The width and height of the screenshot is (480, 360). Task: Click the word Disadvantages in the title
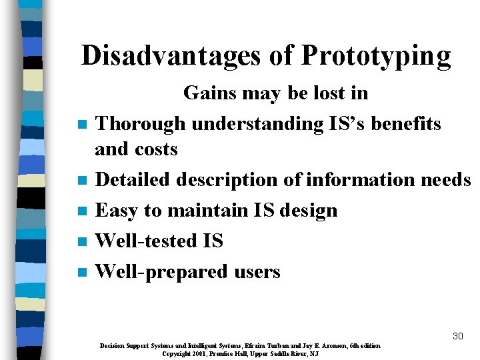coord(171,56)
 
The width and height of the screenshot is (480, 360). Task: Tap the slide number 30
coord(457,336)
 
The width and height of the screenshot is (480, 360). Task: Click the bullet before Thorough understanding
coord(81,125)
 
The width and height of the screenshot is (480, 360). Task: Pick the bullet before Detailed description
coord(81,181)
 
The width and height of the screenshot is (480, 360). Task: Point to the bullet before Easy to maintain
coord(81,211)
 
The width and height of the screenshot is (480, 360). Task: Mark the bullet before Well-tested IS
coord(81,242)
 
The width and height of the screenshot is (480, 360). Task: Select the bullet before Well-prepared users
coord(81,273)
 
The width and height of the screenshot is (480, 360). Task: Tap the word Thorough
coord(141,124)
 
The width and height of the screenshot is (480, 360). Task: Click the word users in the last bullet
coord(257,272)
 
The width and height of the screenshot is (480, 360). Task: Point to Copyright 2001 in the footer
coord(187,354)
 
